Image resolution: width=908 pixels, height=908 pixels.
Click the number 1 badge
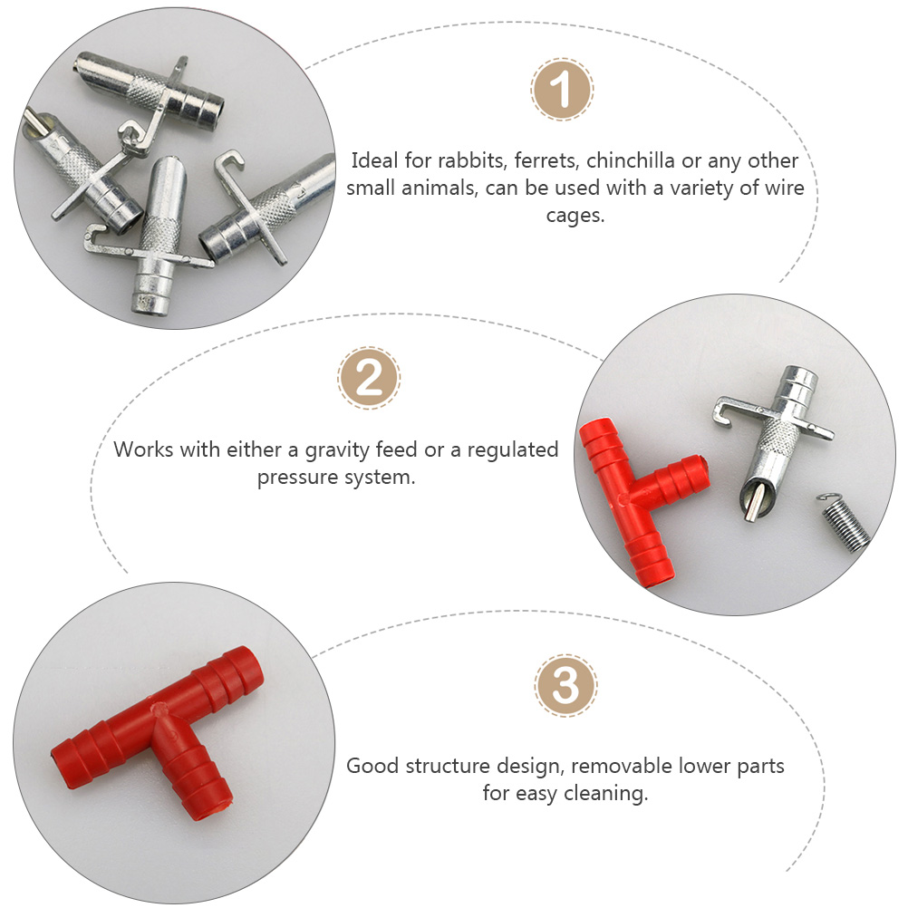562,89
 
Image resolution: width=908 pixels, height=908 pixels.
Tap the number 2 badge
368,378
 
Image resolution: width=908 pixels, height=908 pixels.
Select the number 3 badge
565,686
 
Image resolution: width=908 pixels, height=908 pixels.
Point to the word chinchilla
631,160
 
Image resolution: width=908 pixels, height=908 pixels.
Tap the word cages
575,216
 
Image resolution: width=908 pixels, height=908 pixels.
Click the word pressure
298,478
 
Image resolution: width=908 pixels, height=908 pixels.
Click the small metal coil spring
844,521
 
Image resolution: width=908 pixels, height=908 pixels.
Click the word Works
142,449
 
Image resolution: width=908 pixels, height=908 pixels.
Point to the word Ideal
374,160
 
